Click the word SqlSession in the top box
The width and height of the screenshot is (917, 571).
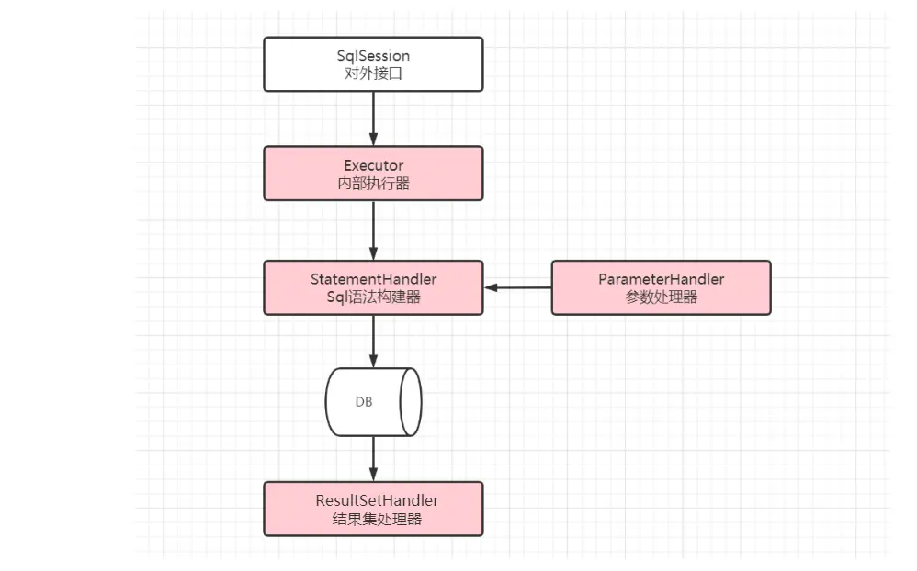(x=373, y=56)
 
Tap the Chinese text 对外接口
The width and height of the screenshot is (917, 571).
(x=373, y=73)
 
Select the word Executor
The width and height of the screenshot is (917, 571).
(x=373, y=165)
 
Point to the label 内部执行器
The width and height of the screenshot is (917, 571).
(x=373, y=183)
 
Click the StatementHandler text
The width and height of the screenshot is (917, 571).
(x=373, y=279)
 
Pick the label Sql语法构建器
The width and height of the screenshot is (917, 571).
(x=373, y=297)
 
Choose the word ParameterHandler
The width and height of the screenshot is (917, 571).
(x=661, y=279)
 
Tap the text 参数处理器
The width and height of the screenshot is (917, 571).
(x=661, y=297)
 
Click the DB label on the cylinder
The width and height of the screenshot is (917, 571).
(x=364, y=402)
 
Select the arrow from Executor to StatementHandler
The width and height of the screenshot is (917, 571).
(x=373, y=230)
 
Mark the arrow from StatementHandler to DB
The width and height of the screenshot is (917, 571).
(x=373, y=341)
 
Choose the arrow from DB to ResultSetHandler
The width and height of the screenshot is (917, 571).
(x=373, y=458)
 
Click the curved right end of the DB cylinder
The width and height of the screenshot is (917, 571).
(x=411, y=402)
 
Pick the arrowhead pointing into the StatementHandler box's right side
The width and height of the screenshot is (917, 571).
(x=492, y=287)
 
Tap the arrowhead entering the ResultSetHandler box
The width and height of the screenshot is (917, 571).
(x=373, y=476)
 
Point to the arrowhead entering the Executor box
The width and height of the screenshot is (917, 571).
(x=373, y=140)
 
